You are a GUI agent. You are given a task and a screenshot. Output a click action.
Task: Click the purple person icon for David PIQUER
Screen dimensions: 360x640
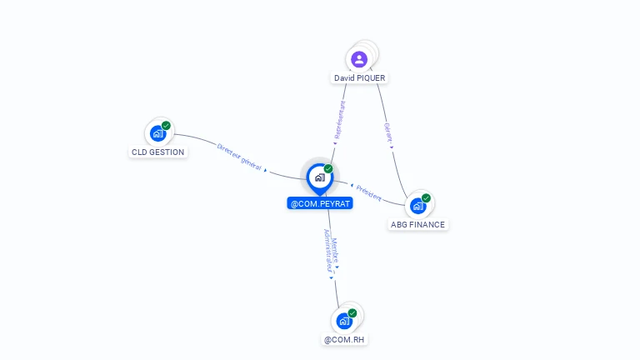tap(359, 59)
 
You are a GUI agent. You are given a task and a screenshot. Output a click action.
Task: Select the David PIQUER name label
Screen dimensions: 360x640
tap(361, 77)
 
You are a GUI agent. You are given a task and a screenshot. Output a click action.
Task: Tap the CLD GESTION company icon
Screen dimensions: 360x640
tap(157, 133)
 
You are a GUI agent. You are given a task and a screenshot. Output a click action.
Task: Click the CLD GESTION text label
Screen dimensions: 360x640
tap(158, 152)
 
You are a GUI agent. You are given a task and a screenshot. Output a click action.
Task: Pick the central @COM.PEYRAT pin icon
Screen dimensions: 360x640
tap(319, 177)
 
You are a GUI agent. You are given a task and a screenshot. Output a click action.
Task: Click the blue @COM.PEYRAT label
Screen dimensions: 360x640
tap(320, 202)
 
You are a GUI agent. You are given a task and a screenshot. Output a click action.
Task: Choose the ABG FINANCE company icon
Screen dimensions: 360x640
tap(417, 206)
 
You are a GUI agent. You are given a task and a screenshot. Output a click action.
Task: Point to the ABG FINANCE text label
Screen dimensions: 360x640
tap(418, 224)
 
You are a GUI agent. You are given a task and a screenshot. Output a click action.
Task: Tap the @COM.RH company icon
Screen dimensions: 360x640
tap(344, 320)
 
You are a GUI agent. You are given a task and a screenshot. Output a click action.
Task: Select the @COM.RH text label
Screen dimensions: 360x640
tap(345, 339)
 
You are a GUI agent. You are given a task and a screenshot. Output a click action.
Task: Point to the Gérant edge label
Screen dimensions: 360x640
tap(388, 134)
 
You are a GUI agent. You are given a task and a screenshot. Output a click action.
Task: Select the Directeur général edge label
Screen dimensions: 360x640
tap(240, 157)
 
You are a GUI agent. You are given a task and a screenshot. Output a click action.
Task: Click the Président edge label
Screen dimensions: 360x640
tap(367, 192)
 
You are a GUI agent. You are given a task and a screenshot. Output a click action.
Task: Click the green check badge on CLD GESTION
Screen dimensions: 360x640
tap(166, 125)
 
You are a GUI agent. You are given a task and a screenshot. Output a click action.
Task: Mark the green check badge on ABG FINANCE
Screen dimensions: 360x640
tap(426, 198)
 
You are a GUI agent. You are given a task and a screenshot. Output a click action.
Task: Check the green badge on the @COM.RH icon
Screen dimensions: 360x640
tap(352, 312)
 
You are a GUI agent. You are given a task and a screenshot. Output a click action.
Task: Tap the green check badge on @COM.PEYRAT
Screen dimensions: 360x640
tap(328, 168)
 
